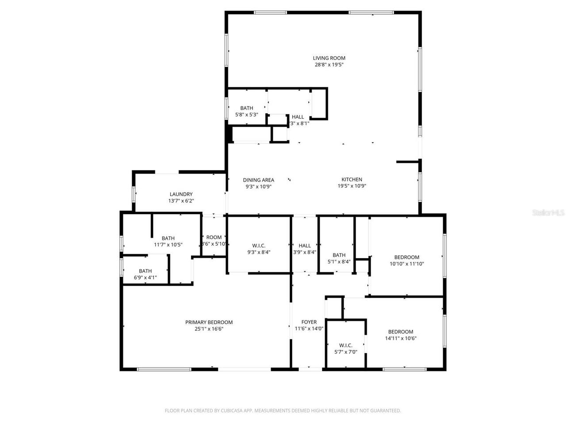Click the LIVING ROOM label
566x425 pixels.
(329, 58)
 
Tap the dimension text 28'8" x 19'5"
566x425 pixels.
(329, 65)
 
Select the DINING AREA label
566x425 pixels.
(258, 180)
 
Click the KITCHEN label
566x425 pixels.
(352, 179)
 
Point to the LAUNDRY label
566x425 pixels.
(181, 194)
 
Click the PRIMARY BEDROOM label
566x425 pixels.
(209, 322)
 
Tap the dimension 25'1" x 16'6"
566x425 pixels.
(209, 329)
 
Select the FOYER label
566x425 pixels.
(309, 322)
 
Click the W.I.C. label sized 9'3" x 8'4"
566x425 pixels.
(259, 246)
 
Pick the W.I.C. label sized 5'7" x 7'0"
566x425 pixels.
(345, 345)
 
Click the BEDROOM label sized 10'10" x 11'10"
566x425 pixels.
(406, 257)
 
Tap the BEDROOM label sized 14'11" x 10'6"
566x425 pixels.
(400, 332)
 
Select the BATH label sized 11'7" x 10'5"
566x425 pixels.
(168, 238)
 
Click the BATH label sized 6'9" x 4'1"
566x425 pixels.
(145, 271)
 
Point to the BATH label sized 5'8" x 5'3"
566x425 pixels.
(246, 108)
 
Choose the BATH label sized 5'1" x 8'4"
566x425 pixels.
(339, 255)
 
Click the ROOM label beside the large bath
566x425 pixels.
(214, 237)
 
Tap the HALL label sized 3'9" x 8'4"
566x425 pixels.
(305, 246)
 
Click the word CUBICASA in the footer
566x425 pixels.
(232, 411)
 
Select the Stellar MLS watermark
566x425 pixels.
(548, 212)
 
